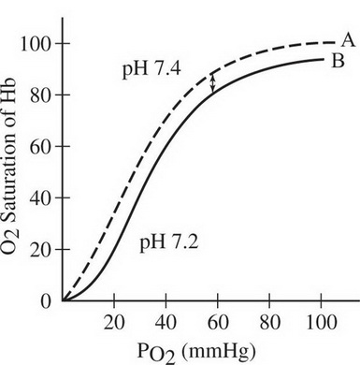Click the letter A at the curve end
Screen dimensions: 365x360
coord(347,39)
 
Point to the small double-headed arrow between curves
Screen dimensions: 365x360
coord(213,82)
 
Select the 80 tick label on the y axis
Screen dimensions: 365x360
coord(37,95)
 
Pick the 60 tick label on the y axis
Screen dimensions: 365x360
coord(37,147)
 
